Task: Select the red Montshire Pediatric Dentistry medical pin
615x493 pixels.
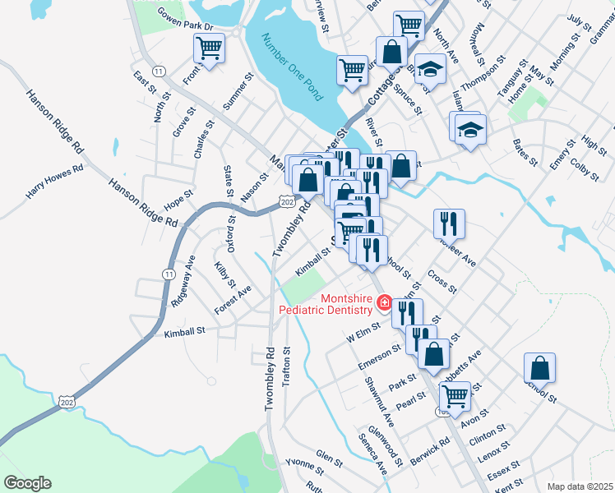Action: [383, 305]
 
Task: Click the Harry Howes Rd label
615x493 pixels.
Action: [55, 182]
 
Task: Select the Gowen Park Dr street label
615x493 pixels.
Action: [185, 21]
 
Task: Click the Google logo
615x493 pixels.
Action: [27, 483]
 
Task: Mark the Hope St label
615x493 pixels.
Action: [178, 200]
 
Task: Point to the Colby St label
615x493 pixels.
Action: [585, 158]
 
